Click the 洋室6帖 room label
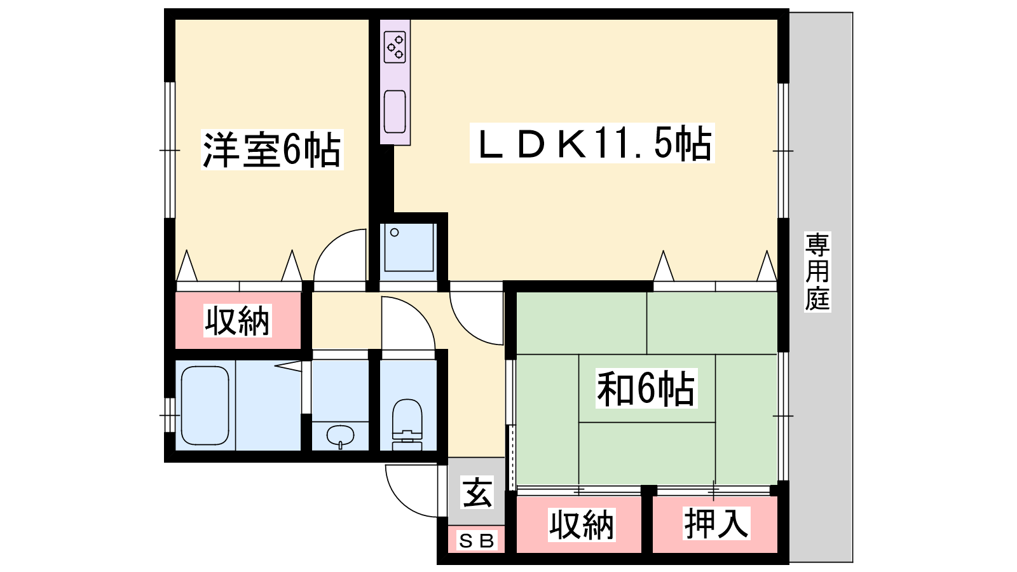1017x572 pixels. pyautogui.click(x=272, y=150)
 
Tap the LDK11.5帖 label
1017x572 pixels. pyautogui.click(x=592, y=143)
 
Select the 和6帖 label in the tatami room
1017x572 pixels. pyautogui.click(x=646, y=388)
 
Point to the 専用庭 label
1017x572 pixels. pyautogui.click(x=817, y=271)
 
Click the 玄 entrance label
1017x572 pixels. pyautogui.click(x=477, y=493)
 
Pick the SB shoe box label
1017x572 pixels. pyautogui.click(x=476, y=541)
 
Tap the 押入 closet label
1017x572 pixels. pyautogui.click(x=716, y=524)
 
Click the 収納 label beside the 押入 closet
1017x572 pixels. pyautogui.click(x=582, y=525)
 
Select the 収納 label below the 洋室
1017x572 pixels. pyautogui.click(x=238, y=320)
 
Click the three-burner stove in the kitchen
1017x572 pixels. pyautogui.click(x=395, y=47)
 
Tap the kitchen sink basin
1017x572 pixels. pyautogui.click(x=395, y=112)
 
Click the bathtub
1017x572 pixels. pyautogui.click(x=205, y=405)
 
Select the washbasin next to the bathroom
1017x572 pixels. pyautogui.click(x=340, y=436)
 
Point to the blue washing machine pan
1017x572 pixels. pyautogui.click(x=409, y=247)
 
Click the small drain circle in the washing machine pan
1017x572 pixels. pyautogui.click(x=395, y=233)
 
